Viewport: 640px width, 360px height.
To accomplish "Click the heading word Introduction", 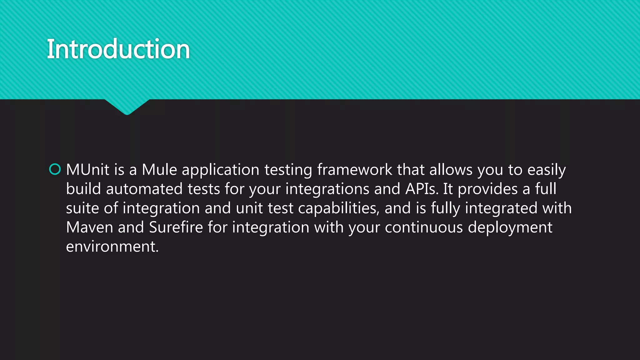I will [x=118, y=49].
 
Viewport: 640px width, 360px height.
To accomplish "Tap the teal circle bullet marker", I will [x=55, y=169].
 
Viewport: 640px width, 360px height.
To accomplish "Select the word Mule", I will [x=159, y=170].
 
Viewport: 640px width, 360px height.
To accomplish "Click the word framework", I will [x=354, y=170].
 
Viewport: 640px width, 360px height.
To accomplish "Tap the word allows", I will [x=451, y=170].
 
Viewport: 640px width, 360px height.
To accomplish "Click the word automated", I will [x=144, y=189].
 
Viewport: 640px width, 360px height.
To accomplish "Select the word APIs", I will [x=422, y=189].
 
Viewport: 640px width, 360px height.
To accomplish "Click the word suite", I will [x=82, y=208].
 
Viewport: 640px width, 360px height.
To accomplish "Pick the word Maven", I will [x=89, y=227].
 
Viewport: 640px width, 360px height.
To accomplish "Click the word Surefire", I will [x=176, y=227].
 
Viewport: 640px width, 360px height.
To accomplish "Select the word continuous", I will [x=423, y=227].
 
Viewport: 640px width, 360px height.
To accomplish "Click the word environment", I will [x=112, y=247].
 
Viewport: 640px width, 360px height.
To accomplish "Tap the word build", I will [x=83, y=189].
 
